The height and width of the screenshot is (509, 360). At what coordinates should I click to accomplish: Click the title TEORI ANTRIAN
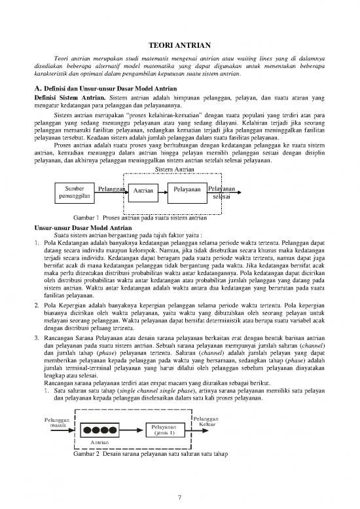179,47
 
